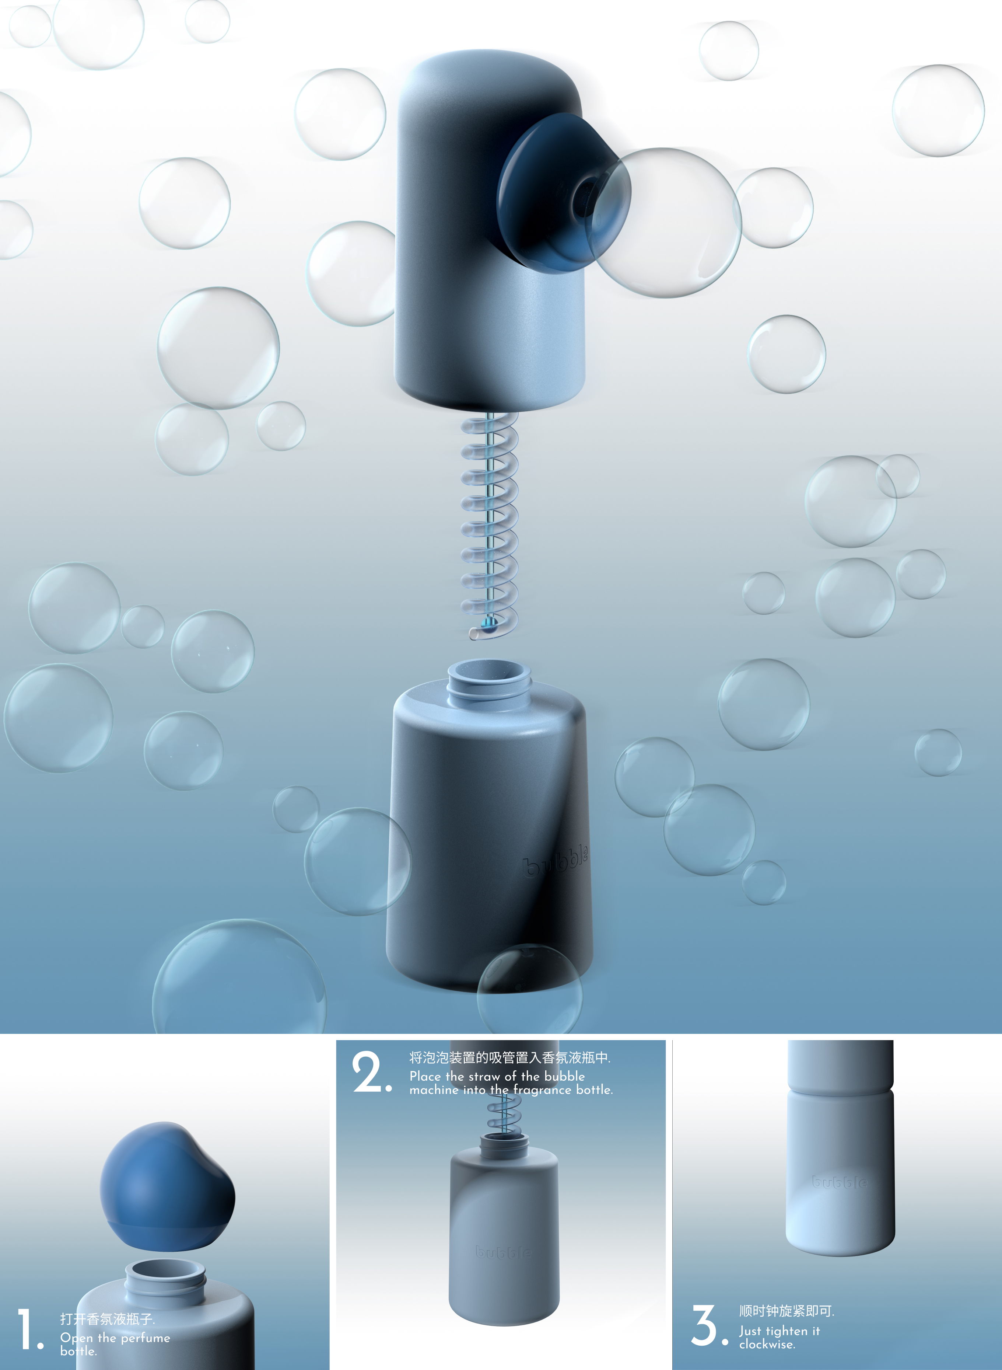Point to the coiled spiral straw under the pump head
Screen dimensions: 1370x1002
click(x=490, y=522)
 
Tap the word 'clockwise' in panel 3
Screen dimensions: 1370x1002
click(x=767, y=1345)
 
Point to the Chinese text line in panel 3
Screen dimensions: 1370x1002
click(x=786, y=1311)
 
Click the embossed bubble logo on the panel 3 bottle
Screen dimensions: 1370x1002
click(x=840, y=1182)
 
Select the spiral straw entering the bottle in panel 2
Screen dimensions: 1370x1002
click(x=504, y=1118)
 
